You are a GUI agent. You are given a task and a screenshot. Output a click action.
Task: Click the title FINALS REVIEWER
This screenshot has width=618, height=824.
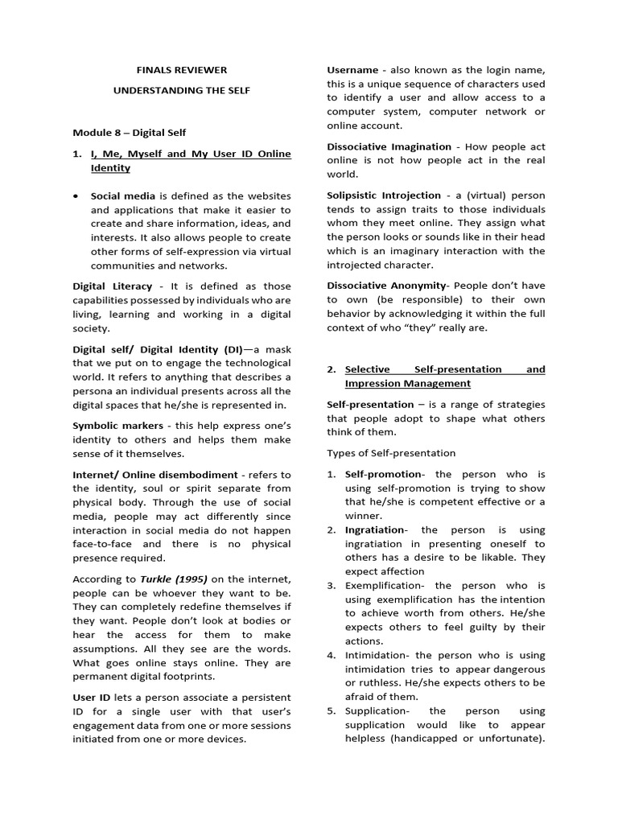pyautogui.click(x=181, y=70)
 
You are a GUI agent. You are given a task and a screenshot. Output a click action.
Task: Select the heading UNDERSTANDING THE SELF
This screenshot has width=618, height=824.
pyautogui.click(x=181, y=91)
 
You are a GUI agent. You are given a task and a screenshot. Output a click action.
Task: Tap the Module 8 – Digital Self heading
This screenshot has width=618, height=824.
pyautogui.click(x=129, y=133)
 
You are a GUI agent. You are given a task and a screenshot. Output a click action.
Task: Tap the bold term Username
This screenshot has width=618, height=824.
pyautogui.click(x=352, y=70)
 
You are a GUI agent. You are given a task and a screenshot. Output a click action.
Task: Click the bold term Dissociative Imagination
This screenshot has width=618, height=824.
pyautogui.click(x=389, y=146)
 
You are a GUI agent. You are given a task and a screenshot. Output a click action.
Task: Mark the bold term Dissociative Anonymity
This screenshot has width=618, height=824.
pyautogui.click(x=386, y=286)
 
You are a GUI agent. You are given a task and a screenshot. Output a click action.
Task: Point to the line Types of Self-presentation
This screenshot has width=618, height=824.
pyautogui.click(x=390, y=453)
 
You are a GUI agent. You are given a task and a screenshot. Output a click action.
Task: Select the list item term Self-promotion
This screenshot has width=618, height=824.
pyautogui.click(x=382, y=474)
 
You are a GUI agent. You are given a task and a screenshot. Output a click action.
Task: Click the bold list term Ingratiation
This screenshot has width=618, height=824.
pyautogui.click(x=374, y=529)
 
